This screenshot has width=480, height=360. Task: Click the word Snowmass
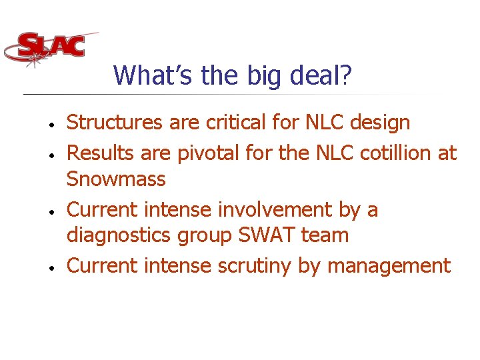coord(116,179)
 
